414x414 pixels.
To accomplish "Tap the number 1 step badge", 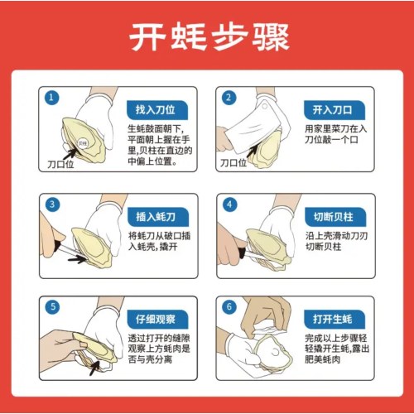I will (52, 98).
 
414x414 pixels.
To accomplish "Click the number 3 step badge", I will (52, 205).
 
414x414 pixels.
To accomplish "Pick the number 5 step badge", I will (52, 306).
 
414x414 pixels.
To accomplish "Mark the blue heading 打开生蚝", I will (331, 319).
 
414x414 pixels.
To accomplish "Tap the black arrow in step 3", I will (78, 258).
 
